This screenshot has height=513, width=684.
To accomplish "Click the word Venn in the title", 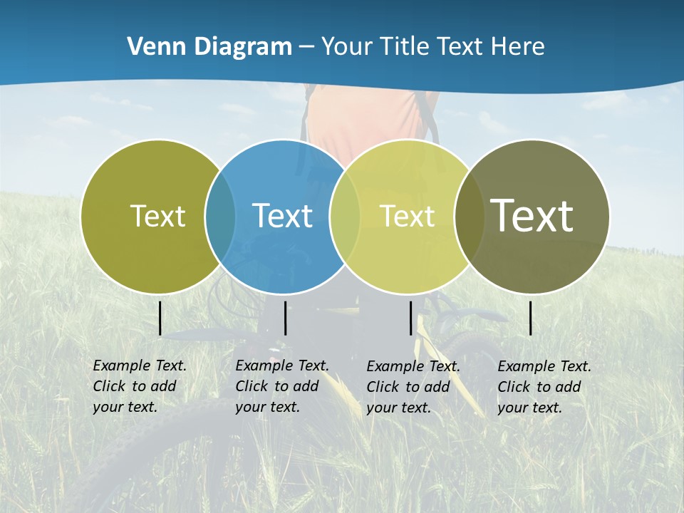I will (148, 47).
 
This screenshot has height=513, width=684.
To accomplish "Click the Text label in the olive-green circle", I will (157, 216).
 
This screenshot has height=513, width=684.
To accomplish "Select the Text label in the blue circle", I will (282, 216).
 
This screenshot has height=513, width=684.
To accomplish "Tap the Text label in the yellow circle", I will (407, 216).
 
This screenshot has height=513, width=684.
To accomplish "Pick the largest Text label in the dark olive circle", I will (532, 215).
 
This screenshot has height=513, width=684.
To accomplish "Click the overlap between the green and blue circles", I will (220, 217).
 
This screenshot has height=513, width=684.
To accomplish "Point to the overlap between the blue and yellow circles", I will (345, 217).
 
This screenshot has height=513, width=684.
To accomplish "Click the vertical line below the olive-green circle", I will (160, 318).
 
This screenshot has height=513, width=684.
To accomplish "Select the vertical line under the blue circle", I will (285, 318).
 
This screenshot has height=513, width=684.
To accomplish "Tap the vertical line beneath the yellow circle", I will (410, 318).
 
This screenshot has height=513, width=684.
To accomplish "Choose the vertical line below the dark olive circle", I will (530, 318).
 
